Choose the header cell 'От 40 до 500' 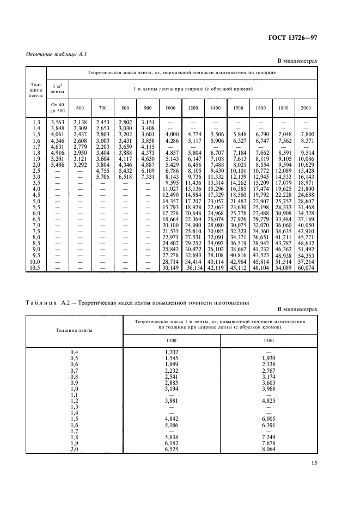coord(58,107)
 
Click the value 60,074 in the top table coord(306,268)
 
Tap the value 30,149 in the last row coord(170,268)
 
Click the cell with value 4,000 coord(172,133)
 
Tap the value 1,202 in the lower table coord(172,353)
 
